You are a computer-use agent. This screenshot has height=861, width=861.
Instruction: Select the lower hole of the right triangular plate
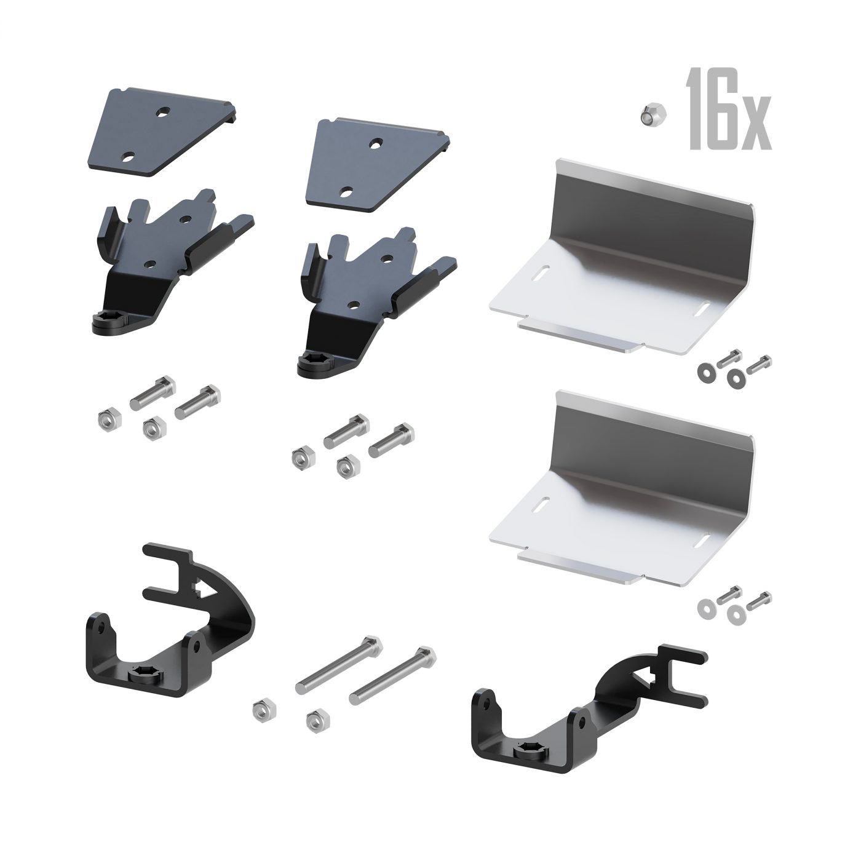click(x=345, y=193)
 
